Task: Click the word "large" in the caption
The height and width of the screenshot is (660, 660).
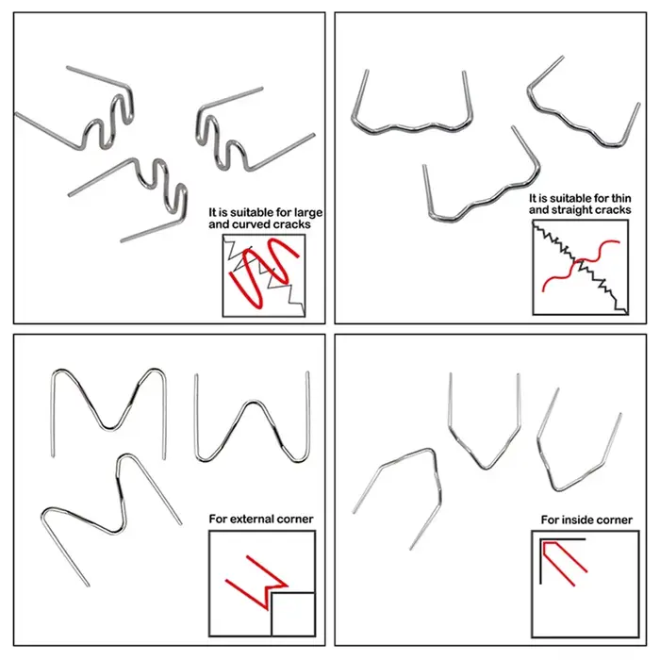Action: coord(308,213)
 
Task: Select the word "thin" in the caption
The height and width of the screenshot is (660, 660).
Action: coord(620,198)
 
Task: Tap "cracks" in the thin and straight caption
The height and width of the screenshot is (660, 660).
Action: coord(618,210)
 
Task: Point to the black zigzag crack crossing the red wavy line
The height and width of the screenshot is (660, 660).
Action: coord(580,268)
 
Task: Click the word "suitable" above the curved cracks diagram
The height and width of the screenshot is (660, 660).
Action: coord(251,213)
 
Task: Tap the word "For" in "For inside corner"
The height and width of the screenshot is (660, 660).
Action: coord(550,520)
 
